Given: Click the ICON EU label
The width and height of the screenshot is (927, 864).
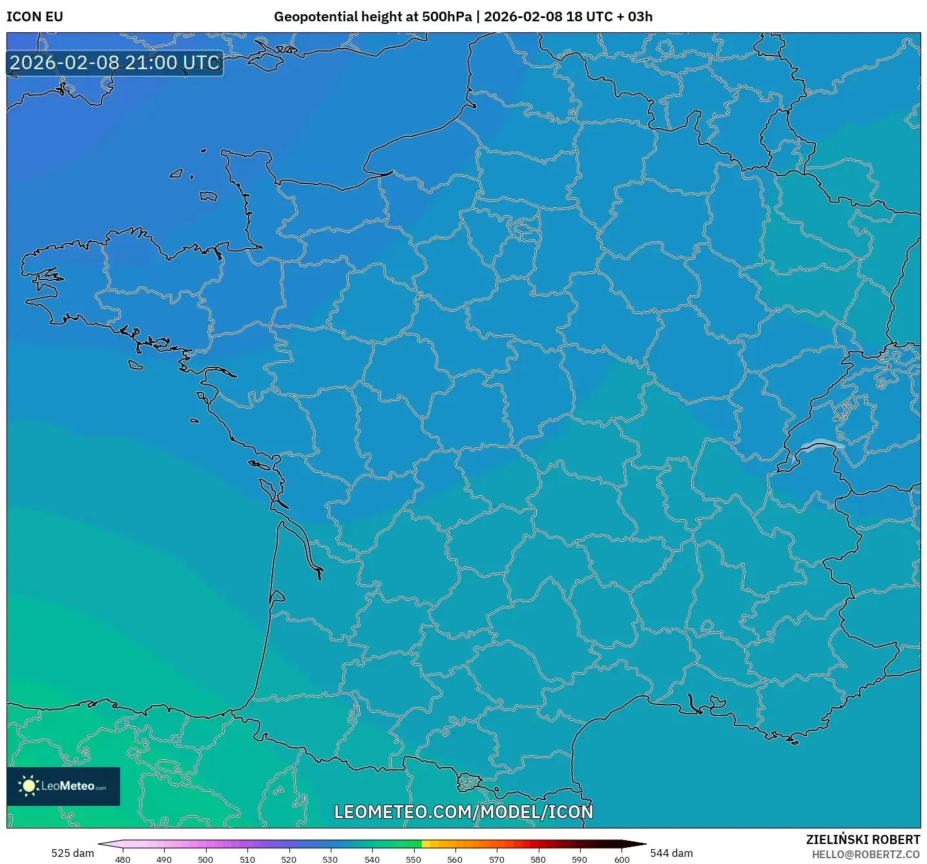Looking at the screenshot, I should [35, 17].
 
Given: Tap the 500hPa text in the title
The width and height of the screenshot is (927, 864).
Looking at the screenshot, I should [446, 17].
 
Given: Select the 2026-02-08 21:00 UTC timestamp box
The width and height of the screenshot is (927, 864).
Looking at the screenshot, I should [115, 63].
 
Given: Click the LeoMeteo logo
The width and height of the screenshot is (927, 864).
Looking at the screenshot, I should [63, 786].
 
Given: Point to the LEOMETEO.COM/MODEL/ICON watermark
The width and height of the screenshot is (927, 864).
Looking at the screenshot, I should [463, 812].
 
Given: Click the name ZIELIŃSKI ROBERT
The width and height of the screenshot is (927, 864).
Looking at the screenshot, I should [863, 839].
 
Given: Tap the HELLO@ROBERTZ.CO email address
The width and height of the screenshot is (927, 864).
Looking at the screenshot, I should [866, 854].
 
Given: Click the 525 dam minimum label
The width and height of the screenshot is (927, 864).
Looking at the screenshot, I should [72, 853].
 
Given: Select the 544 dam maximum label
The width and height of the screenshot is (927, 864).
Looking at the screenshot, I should [671, 853].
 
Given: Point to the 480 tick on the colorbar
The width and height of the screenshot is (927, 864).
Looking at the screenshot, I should [123, 859].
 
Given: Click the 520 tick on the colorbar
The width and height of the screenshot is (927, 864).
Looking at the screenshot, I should [289, 859].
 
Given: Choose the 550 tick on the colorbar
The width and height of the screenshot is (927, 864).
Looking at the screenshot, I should [413, 859].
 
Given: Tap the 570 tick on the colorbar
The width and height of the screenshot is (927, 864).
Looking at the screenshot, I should [497, 859].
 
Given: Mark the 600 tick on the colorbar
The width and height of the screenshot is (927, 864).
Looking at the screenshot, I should [621, 859].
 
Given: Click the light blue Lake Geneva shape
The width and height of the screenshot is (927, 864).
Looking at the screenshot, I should [820, 445].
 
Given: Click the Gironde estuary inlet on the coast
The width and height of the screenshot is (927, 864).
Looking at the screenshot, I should [299, 542].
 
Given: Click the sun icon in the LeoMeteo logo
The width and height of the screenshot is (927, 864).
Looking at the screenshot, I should [28, 786].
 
